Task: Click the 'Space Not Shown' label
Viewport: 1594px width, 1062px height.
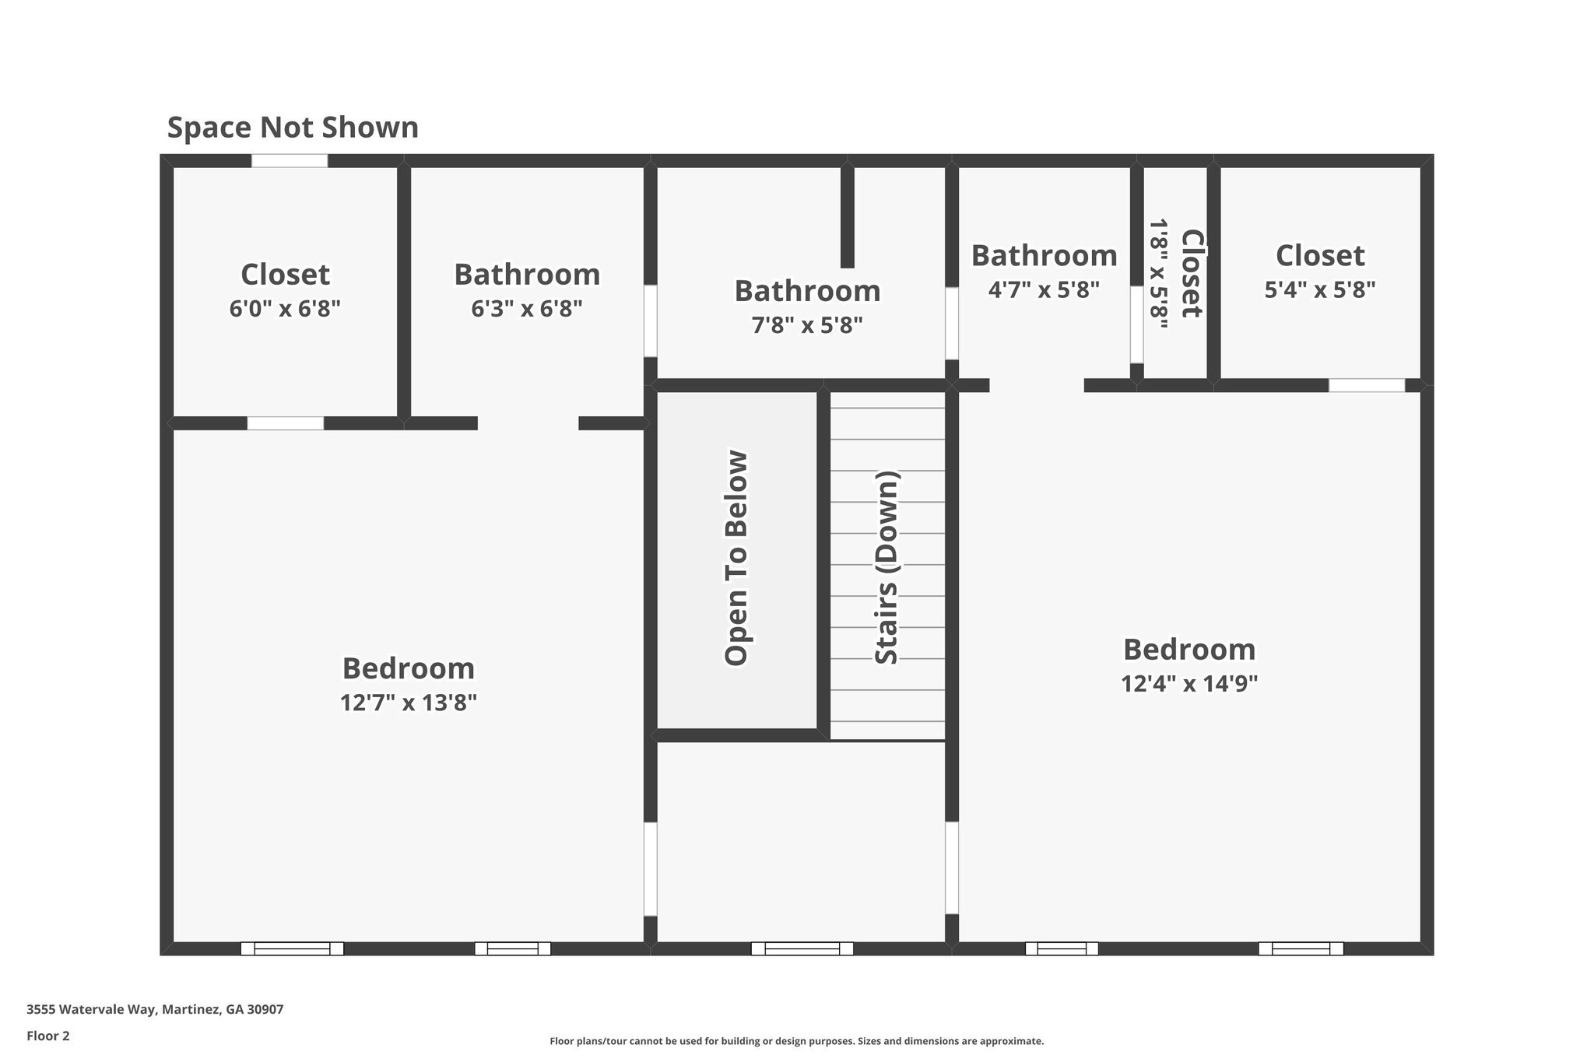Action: click(x=293, y=128)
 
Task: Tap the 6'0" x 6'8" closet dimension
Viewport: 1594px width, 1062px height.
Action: click(x=285, y=309)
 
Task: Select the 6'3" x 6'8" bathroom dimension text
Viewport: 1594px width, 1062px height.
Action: click(x=527, y=309)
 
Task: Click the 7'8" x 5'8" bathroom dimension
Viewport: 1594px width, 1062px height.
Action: click(x=807, y=325)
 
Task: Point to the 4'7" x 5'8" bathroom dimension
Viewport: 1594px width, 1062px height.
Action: click(x=1044, y=290)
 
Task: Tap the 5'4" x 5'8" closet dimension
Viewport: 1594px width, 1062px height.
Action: click(x=1320, y=290)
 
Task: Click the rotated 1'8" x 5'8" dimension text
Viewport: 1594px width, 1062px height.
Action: click(x=1159, y=274)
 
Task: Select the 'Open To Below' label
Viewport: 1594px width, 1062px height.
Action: click(x=736, y=558)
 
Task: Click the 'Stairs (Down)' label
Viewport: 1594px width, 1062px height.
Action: click(x=887, y=568)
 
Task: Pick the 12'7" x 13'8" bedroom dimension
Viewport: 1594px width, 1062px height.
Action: click(x=408, y=703)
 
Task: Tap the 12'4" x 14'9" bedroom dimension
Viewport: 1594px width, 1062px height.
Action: click(x=1189, y=684)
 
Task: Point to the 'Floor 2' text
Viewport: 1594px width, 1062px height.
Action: click(x=48, y=1036)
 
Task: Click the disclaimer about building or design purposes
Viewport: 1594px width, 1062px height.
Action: click(x=796, y=1041)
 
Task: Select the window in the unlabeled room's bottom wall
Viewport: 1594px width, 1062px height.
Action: click(x=802, y=948)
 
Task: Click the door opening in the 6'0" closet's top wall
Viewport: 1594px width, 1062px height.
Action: click(x=289, y=161)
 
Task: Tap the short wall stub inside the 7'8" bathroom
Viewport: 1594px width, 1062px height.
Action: click(x=848, y=218)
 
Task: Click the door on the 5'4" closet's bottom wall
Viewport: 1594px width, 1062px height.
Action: click(x=1367, y=385)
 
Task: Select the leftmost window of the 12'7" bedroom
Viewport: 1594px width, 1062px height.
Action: click(x=292, y=948)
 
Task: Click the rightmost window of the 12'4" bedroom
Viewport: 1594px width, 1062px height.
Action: click(x=1301, y=948)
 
